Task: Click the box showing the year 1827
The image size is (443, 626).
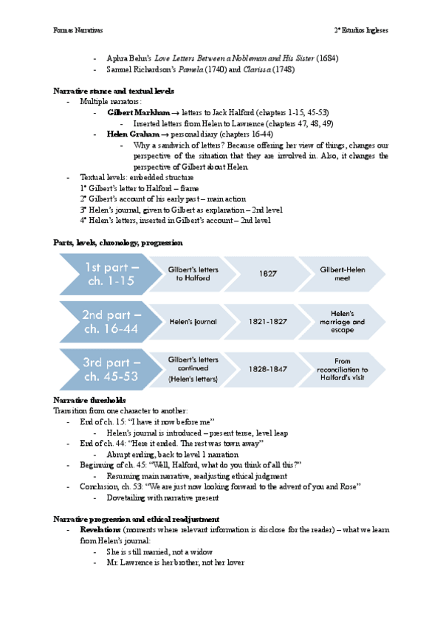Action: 268,273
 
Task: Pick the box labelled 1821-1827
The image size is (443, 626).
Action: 268,322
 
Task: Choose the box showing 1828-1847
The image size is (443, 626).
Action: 268,368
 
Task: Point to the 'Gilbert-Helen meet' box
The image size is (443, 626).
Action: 343,273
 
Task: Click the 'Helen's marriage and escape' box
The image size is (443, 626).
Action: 343,322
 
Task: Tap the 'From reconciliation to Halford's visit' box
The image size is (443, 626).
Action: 343,368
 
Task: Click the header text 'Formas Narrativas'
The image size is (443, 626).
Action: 78,31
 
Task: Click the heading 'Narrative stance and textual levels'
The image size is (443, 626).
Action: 114,91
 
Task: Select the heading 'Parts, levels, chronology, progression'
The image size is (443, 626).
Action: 118,243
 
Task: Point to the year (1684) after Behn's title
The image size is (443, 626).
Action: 328,58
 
